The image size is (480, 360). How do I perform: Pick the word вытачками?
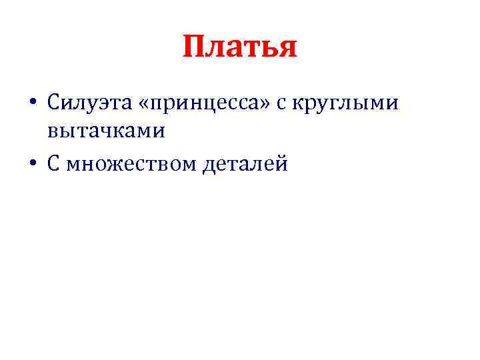(x=105, y=132)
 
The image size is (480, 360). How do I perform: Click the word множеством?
(x=131, y=162)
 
